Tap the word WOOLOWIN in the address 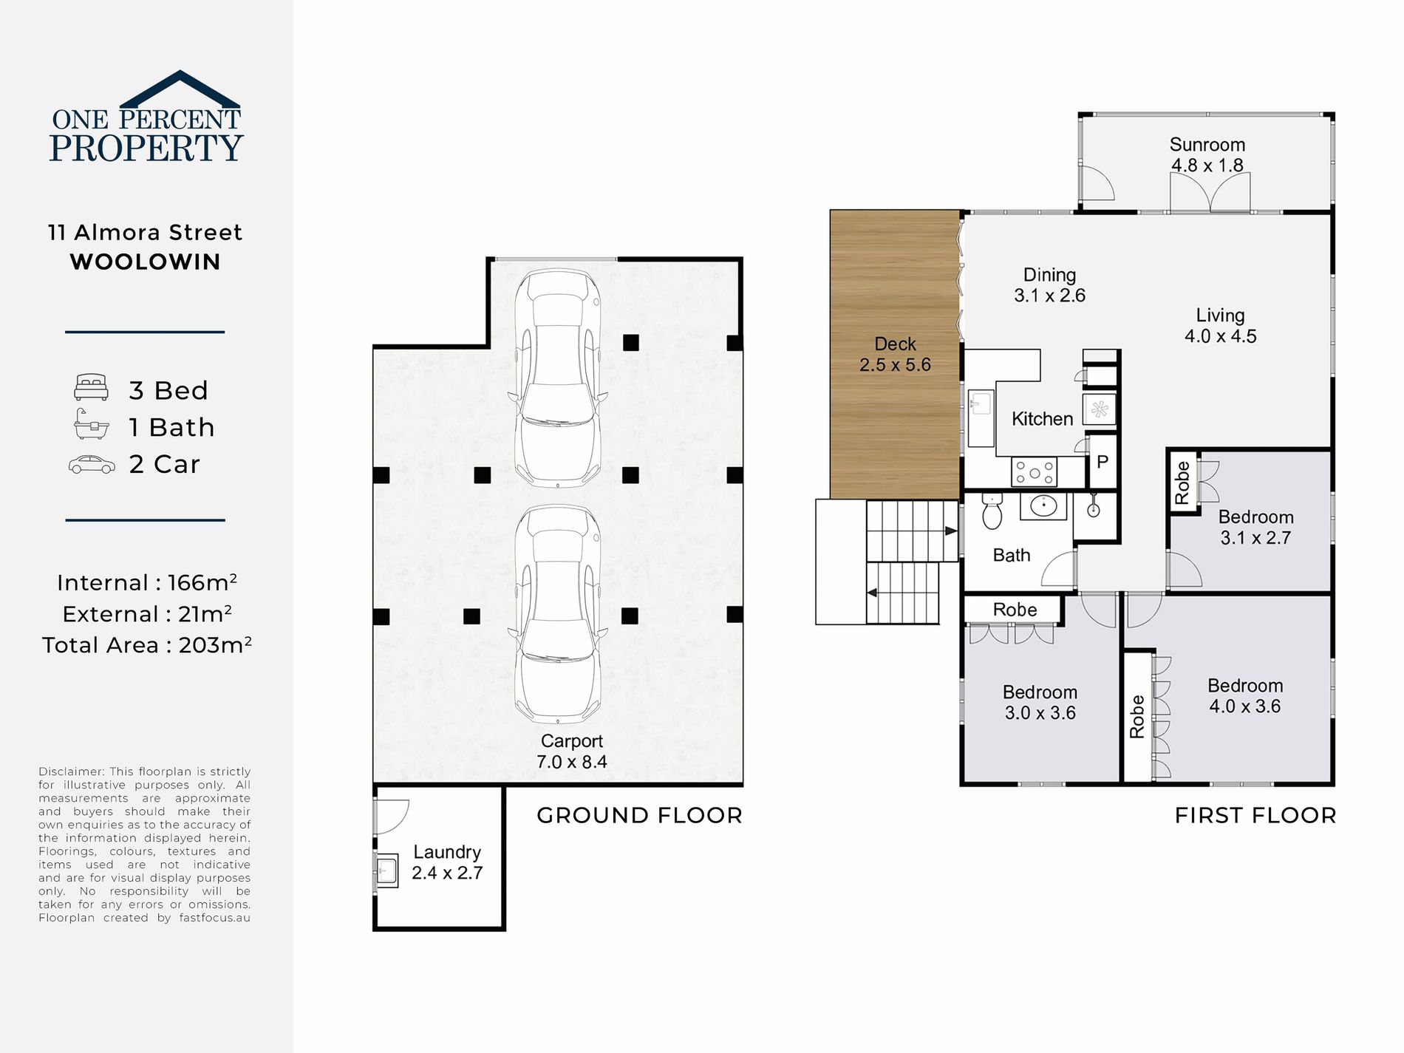tap(146, 262)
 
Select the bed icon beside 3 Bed tap(92, 388)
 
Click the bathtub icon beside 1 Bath tap(92, 425)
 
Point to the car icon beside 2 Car tap(92, 464)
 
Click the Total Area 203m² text tap(147, 644)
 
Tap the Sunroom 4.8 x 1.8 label tap(1207, 154)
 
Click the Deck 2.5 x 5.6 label tap(895, 354)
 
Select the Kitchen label tap(1042, 419)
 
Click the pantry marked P tap(1103, 463)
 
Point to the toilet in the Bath tap(992, 511)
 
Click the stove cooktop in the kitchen tap(1035, 471)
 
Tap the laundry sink tap(387, 870)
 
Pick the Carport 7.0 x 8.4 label tap(572, 752)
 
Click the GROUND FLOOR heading tap(639, 815)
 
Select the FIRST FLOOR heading tap(1255, 815)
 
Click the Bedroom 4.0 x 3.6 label tap(1245, 695)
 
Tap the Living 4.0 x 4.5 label tap(1220, 325)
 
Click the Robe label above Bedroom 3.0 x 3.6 tap(1015, 610)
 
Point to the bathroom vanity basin tap(1044, 506)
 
